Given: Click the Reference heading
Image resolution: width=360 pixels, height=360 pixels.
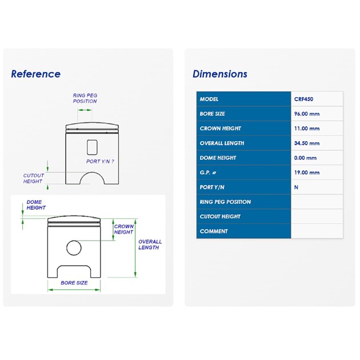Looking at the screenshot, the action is pyautogui.click(x=36, y=74).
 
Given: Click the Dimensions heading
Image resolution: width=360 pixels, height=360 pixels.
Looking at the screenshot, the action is pyautogui.click(x=220, y=74).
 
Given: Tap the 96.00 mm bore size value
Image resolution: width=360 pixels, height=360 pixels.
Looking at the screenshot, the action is pyautogui.click(x=307, y=114).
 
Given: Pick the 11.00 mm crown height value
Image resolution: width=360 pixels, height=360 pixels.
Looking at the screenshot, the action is pyautogui.click(x=307, y=129).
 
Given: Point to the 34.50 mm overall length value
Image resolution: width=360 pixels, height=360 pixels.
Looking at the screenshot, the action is pyautogui.click(x=307, y=143).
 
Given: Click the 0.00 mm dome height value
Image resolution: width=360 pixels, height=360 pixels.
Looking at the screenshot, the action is pyautogui.click(x=305, y=158).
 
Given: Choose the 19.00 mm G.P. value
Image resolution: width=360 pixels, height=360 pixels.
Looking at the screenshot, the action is pyautogui.click(x=307, y=173).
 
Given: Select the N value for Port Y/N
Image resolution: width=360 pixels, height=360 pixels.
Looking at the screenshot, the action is pyautogui.click(x=296, y=187).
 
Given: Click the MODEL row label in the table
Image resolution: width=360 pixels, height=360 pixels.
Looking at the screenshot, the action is pyautogui.click(x=209, y=99).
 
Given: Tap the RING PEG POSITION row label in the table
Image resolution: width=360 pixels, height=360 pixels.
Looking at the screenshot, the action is pyautogui.click(x=225, y=202).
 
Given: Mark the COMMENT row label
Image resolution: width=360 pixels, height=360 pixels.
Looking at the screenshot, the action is pyautogui.click(x=214, y=231).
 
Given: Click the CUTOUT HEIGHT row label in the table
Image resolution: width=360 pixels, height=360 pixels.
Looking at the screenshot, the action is pyautogui.click(x=220, y=217).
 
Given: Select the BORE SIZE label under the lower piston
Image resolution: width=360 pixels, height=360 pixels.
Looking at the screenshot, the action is pyautogui.click(x=74, y=283).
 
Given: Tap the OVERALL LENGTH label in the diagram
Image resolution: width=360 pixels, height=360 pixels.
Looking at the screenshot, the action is pyautogui.click(x=150, y=245).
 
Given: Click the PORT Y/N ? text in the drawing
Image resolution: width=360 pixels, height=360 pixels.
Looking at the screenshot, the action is pyautogui.click(x=100, y=162).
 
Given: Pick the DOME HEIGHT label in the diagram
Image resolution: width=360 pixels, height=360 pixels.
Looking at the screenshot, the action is pyautogui.click(x=36, y=205).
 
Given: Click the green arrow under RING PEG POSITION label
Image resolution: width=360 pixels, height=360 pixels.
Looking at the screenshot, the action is pyautogui.click(x=85, y=110).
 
